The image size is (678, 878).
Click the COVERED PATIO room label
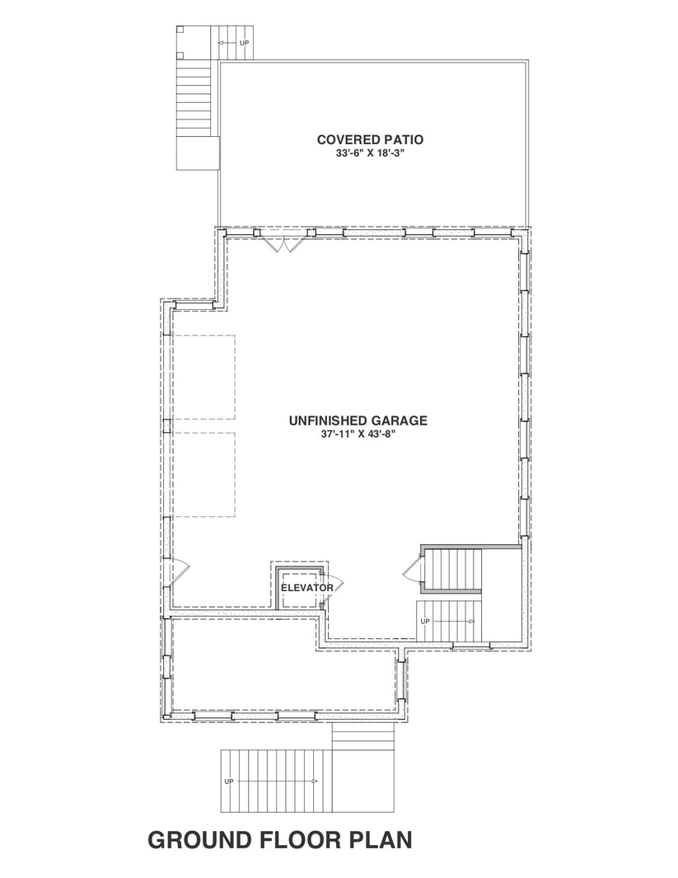click(x=371, y=139)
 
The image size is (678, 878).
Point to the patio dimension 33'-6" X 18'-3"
click(x=371, y=153)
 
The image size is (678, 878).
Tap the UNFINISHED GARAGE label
click(x=358, y=420)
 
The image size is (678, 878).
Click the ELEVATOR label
click(x=307, y=588)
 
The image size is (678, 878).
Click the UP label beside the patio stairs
click(x=243, y=41)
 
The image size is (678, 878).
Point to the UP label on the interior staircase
click(x=425, y=621)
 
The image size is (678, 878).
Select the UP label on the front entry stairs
click(x=229, y=780)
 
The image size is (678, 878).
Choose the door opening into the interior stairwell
click(x=409, y=568)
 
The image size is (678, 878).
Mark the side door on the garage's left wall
click(x=180, y=569)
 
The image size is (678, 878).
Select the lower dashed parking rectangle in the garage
click(x=203, y=474)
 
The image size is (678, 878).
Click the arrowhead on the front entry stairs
click(x=315, y=780)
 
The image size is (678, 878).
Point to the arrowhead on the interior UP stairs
click(x=473, y=621)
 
